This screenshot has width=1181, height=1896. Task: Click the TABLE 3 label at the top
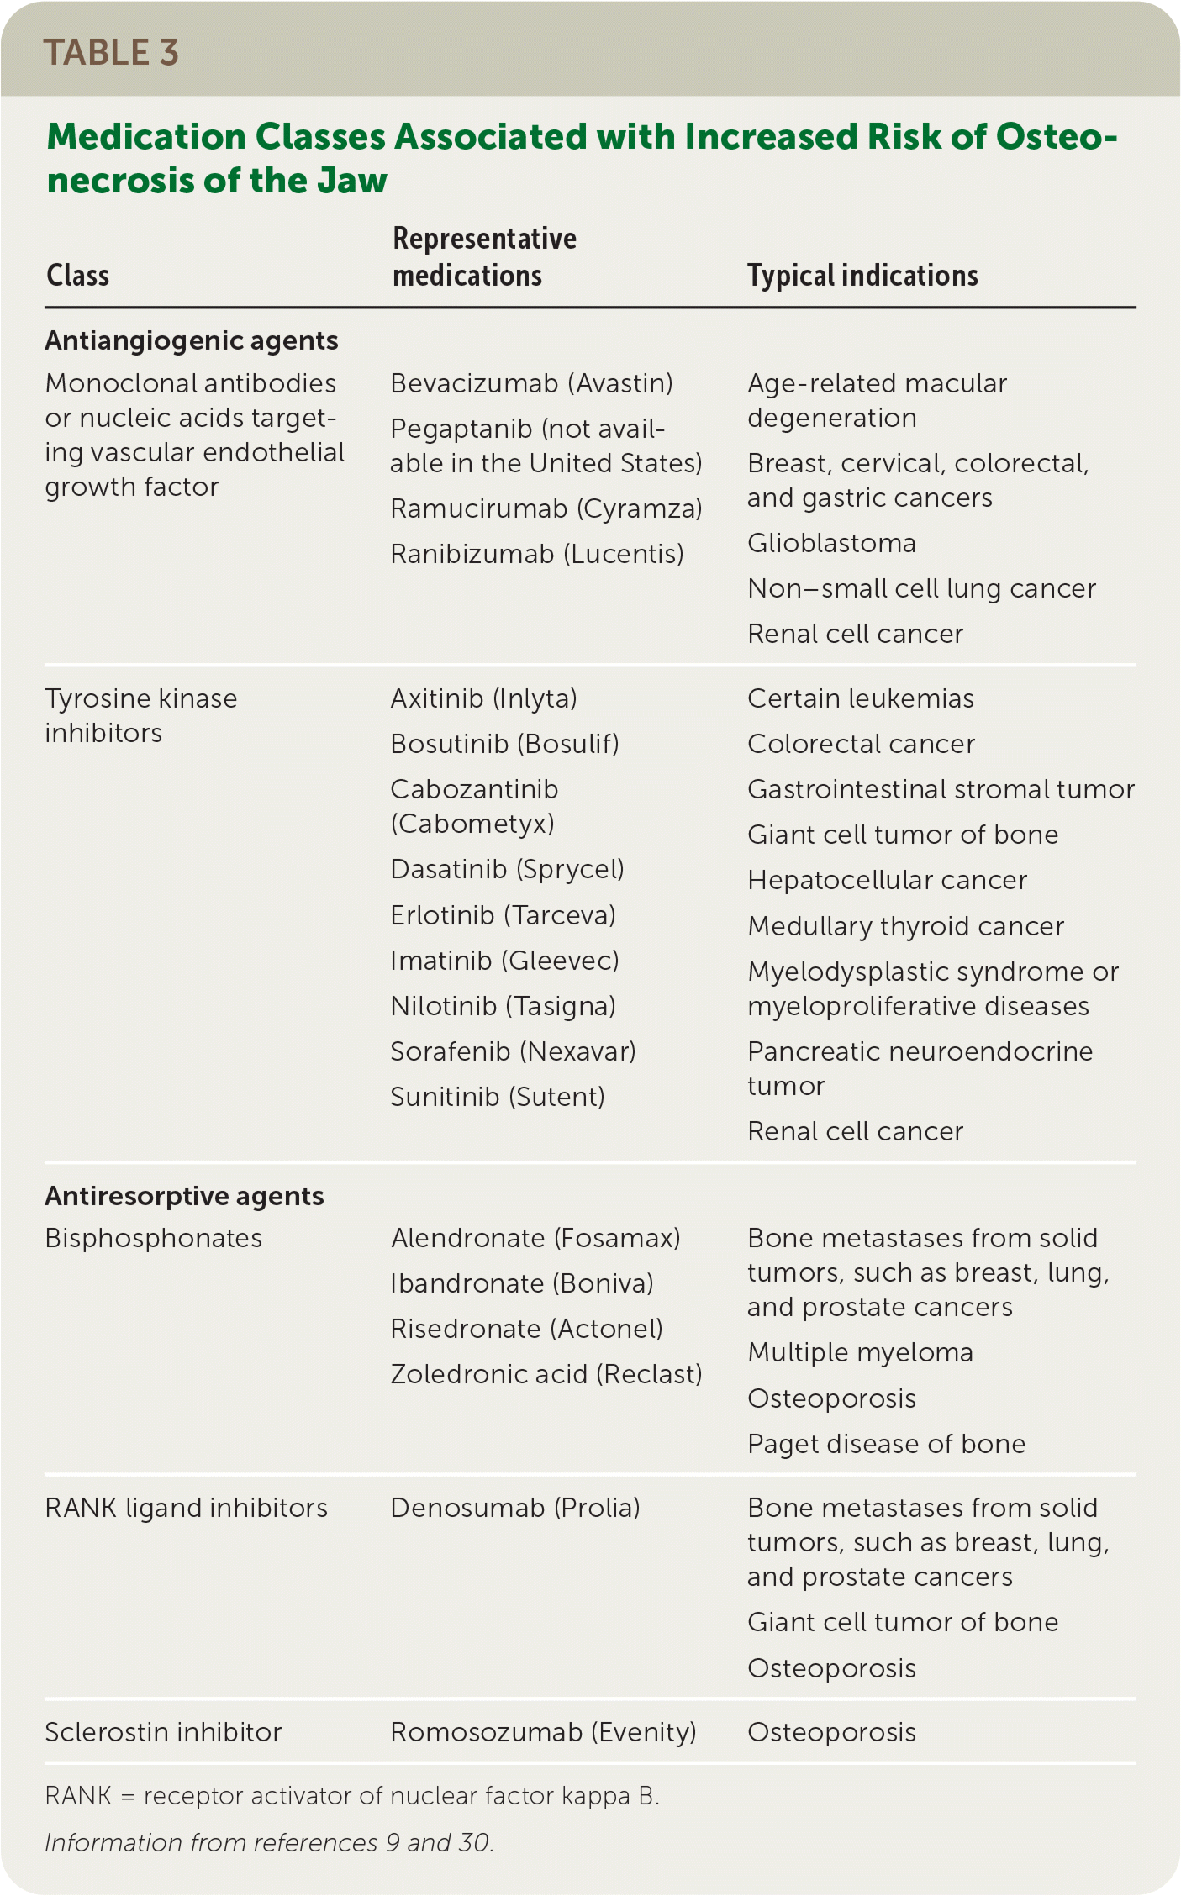coord(111,52)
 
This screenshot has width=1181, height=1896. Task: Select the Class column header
coord(77,276)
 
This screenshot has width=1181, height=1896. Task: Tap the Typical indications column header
coord(862,276)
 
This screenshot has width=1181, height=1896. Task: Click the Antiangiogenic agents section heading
coord(192,340)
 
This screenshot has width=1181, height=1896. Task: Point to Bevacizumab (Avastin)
coord(531,383)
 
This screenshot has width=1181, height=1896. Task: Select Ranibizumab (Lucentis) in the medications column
coord(537,554)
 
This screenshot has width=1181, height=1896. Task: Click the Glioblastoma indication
coord(831,543)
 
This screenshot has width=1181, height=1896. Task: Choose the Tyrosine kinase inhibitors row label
coord(140,715)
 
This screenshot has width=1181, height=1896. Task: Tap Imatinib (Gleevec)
coord(504,960)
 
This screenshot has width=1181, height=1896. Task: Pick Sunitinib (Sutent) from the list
coord(498,1097)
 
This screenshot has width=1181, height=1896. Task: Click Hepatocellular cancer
coord(887,880)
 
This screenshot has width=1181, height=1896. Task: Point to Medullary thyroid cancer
coord(905,926)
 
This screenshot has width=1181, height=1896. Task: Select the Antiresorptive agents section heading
coord(184,1196)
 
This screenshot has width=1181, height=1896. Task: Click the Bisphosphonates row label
coord(153,1238)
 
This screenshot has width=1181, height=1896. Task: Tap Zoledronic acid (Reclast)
coord(546,1374)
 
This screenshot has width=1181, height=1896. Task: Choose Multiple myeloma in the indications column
coord(860,1352)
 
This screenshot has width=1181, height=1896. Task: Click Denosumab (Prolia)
coord(515,1508)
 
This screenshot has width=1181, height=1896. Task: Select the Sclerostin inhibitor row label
coord(163,1732)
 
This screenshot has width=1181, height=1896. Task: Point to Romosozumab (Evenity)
coord(543,1732)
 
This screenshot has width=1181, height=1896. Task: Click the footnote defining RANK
coord(351,1796)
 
